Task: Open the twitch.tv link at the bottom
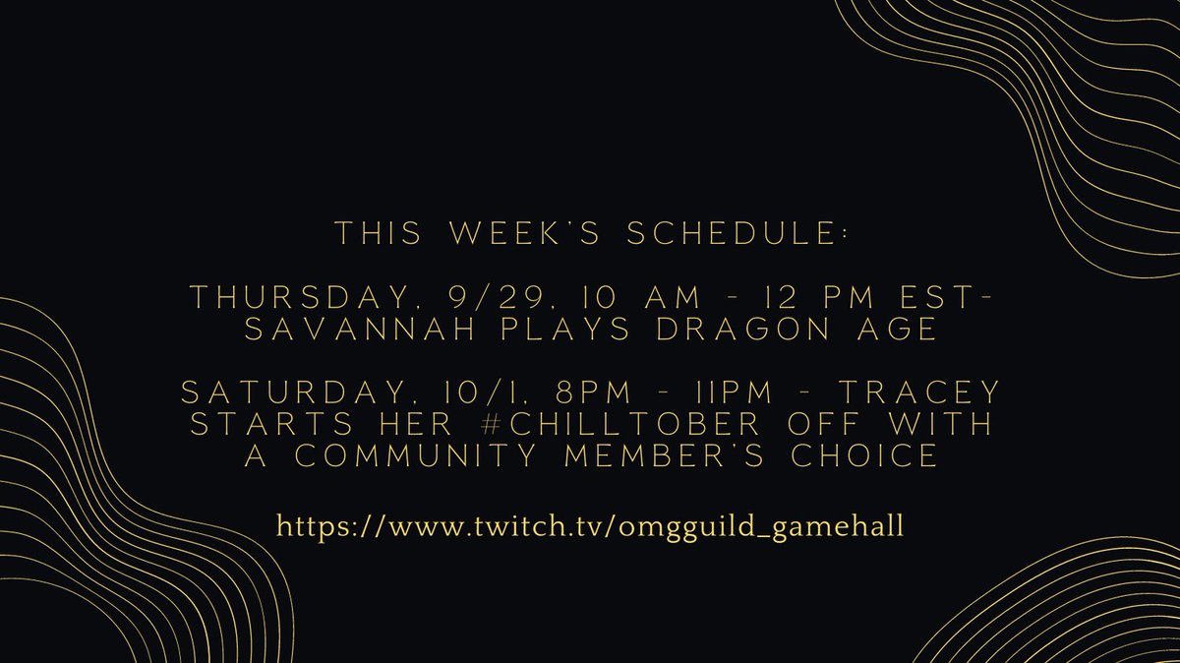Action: [x=590, y=526]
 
